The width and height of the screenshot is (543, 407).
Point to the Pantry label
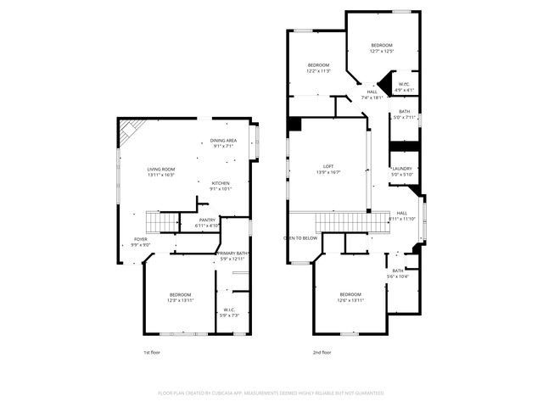point(207,223)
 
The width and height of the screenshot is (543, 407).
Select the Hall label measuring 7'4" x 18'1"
point(372,94)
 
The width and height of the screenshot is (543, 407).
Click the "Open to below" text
point(300,238)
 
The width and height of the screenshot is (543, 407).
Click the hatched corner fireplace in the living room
point(130,131)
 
